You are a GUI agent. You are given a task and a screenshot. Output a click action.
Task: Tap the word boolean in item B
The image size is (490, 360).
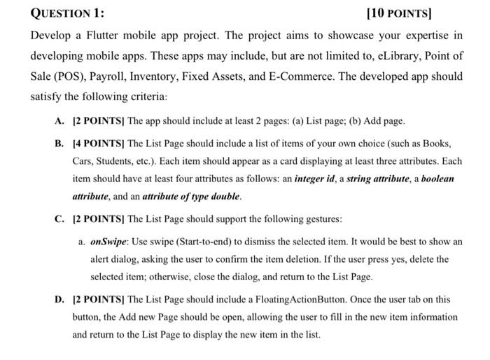[x=435, y=179]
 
